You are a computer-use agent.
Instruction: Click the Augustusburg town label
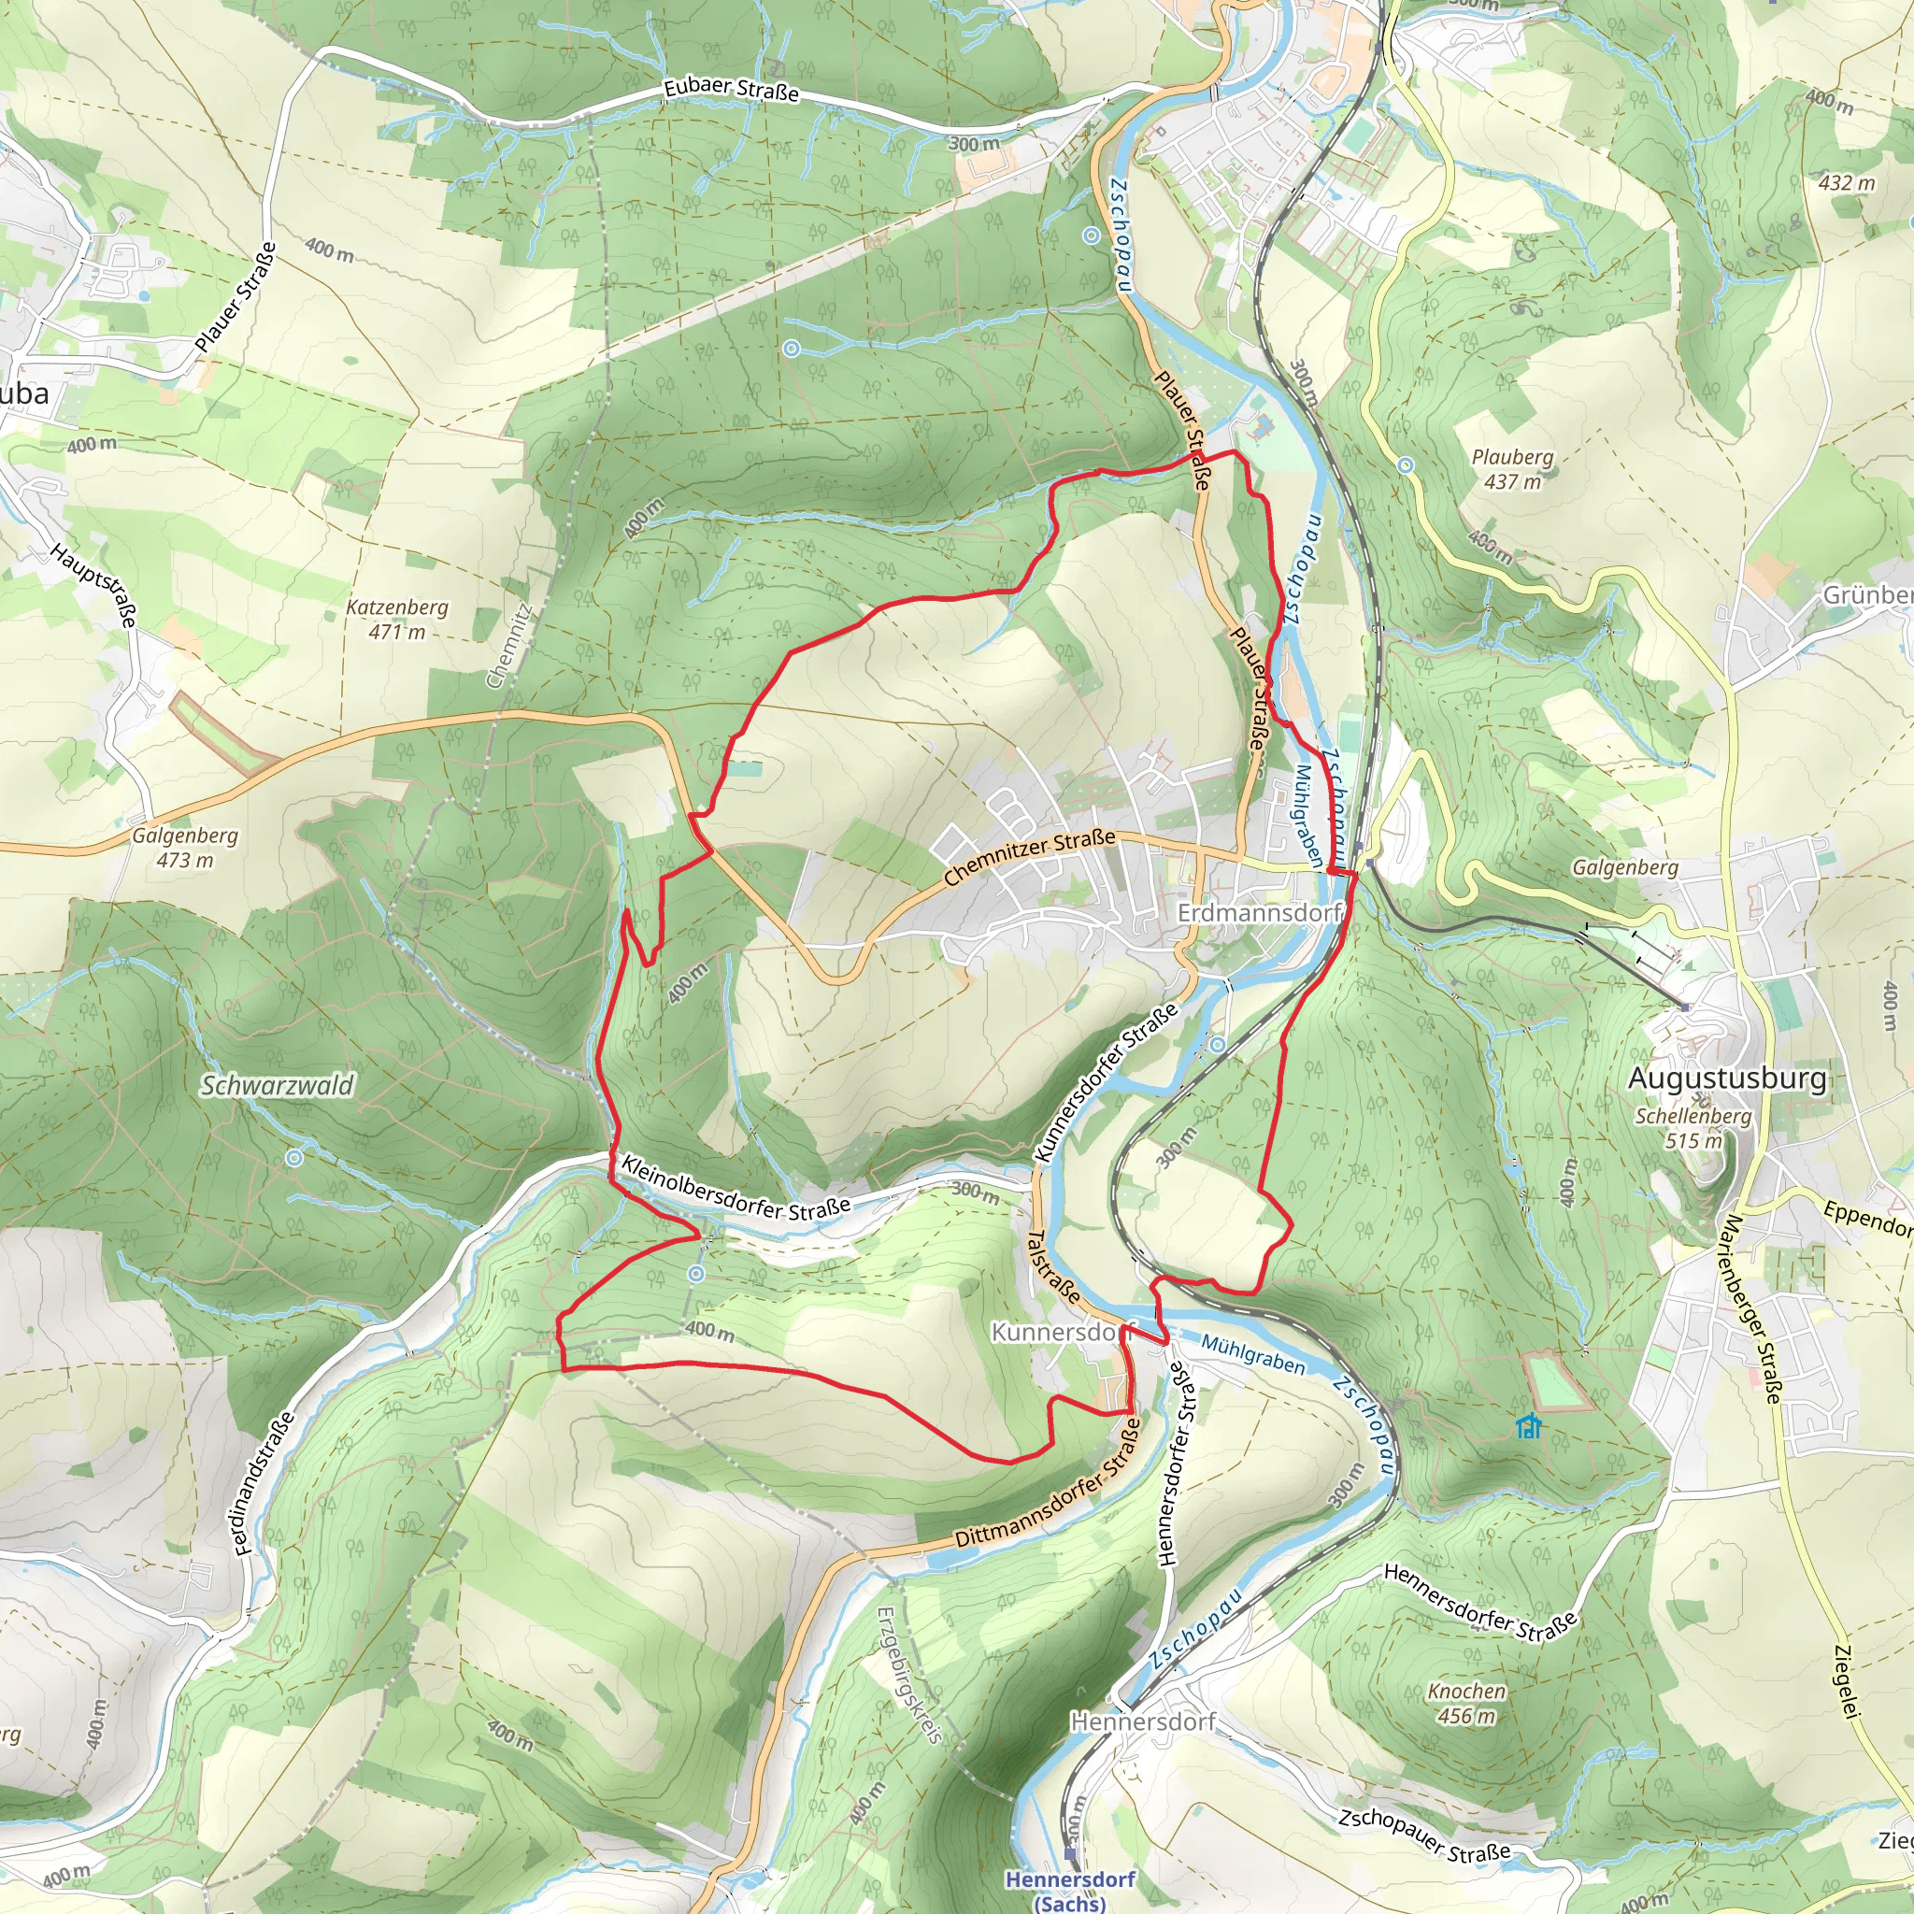click(1727, 1078)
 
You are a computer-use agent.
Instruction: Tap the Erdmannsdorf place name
click(1258, 911)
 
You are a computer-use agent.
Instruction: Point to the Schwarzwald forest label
click(278, 1086)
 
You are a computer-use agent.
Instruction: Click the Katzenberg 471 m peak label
click(397, 620)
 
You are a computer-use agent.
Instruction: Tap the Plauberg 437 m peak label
click(1512, 468)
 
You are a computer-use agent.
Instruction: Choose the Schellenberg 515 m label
click(1693, 1127)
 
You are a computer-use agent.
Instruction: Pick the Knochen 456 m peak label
click(1466, 1703)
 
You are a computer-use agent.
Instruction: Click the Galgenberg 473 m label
click(185, 847)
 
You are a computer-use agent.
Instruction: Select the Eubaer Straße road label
click(731, 89)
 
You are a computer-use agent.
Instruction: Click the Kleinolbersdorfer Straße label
click(736, 1185)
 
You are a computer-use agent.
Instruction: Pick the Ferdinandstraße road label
click(265, 1483)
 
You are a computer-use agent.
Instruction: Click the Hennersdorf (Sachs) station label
click(1070, 1889)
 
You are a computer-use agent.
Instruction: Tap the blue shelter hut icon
click(1529, 1425)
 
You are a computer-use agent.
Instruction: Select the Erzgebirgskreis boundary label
click(909, 1674)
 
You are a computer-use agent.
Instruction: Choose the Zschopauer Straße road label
click(1424, 1835)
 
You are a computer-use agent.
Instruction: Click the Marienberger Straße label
click(1754, 1308)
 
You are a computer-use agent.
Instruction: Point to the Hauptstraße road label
click(94, 584)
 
